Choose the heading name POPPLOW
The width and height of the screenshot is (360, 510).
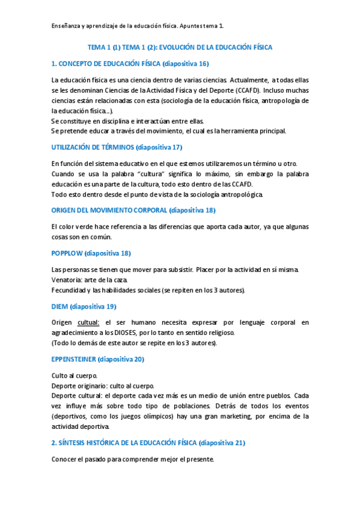click(x=67, y=253)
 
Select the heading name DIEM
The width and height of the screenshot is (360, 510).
click(x=59, y=306)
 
